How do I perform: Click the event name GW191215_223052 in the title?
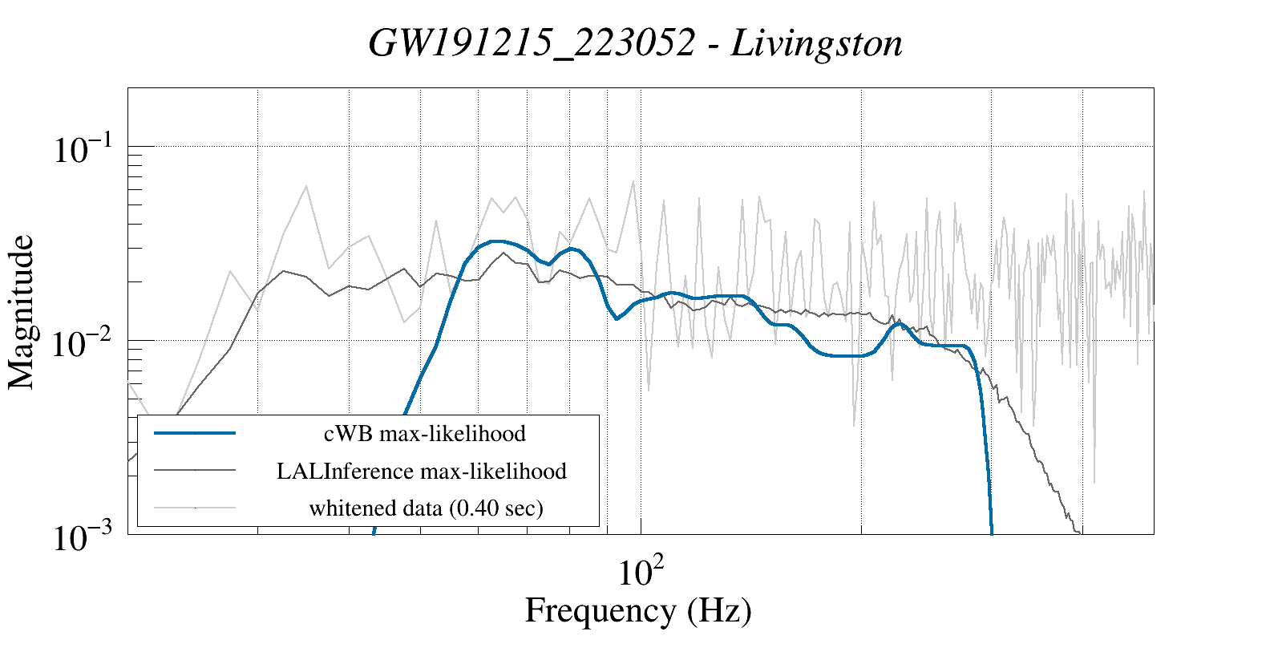[x=531, y=43]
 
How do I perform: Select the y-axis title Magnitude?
[x=22, y=313]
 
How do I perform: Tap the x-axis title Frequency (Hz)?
[x=638, y=610]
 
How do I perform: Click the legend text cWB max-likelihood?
[x=425, y=434]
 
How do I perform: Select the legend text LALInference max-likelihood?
[x=422, y=471]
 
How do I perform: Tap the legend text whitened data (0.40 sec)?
[x=426, y=508]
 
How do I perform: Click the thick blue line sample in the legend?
[x=195, y=433]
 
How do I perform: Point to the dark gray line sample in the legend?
[x=195, y=470]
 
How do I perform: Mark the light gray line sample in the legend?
[x=195, y=507]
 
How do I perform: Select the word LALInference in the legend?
[x=345, y=471]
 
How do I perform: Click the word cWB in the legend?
[x=348, y=434]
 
